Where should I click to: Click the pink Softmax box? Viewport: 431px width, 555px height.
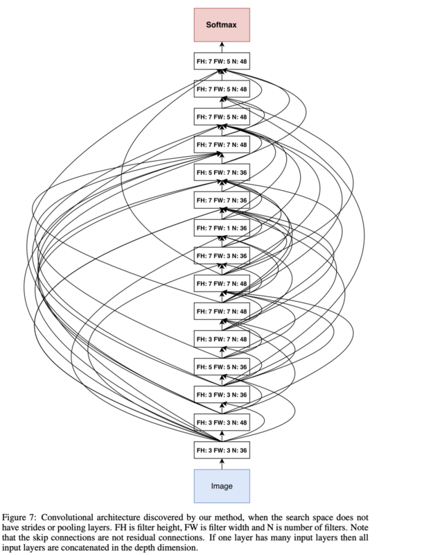coord(222,25)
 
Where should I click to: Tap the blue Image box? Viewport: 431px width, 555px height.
coord(222,486)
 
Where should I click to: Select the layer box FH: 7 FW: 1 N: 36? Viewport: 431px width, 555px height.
coord(222,228)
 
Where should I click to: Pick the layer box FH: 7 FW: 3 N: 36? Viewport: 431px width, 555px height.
coord(222,255)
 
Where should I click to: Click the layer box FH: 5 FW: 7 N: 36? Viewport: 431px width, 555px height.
coord(222,172)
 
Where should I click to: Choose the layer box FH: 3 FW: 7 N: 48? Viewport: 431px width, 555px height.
coord(222,339)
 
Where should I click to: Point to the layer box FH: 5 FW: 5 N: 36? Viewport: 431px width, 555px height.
coord(222,367)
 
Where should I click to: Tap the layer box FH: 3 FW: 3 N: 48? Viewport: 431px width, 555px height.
coord(222,422)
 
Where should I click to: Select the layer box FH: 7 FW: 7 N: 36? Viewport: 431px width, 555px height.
coord(222,200)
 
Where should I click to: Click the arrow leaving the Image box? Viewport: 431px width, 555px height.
coord(222,463)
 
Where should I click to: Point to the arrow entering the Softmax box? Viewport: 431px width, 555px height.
coord(222,47)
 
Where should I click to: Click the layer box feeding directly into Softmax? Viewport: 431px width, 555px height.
coord(222,61)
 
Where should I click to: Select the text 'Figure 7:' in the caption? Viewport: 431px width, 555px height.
coord(19,518)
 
